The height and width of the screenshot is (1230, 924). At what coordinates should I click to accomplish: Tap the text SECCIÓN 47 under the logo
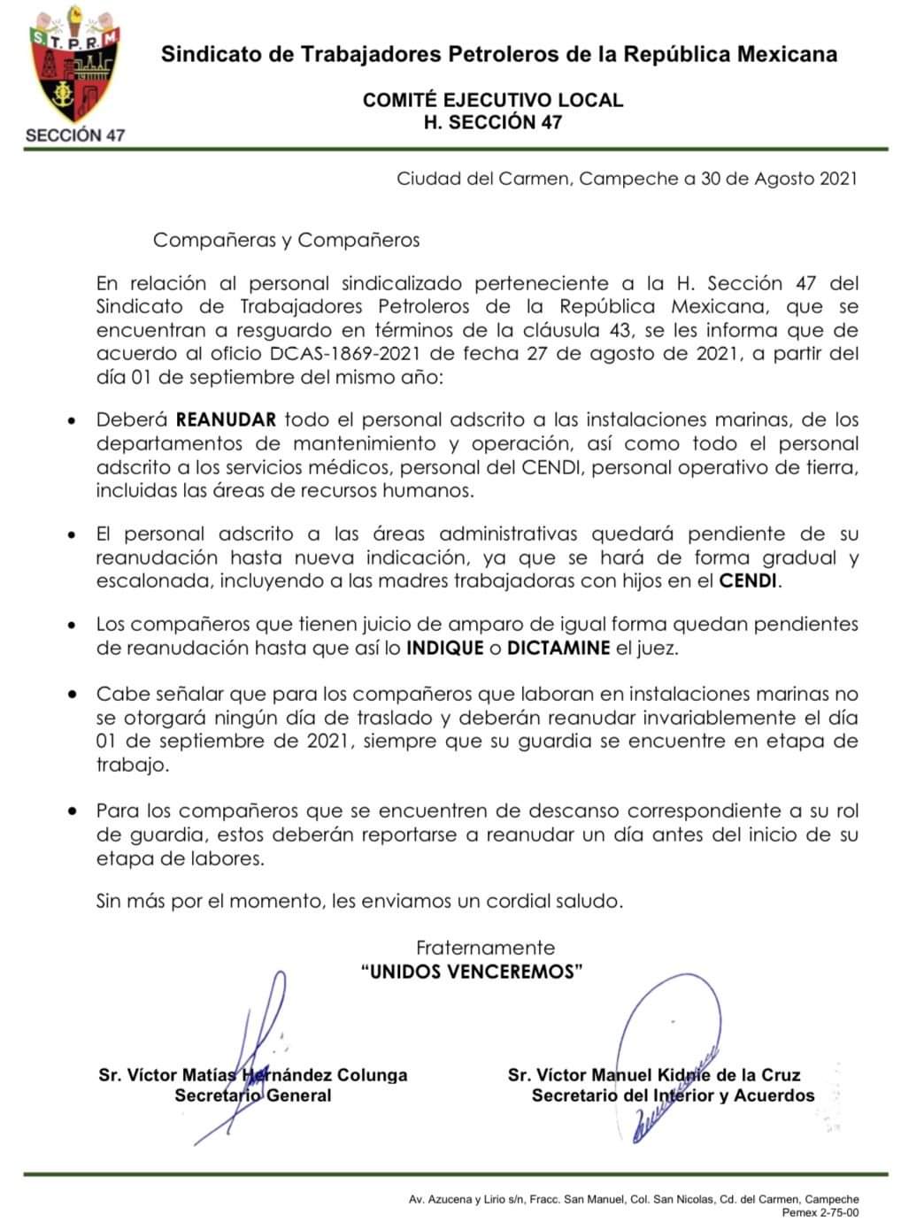tap(75, 135)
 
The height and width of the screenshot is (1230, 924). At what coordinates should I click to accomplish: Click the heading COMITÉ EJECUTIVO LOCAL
tap(493, 100)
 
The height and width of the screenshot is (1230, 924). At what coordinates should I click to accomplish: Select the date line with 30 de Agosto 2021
tap(627, 179)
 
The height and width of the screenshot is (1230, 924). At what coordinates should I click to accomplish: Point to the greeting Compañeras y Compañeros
tap(286, 240)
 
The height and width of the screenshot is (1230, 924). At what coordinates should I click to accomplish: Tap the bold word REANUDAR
tap(226, 419)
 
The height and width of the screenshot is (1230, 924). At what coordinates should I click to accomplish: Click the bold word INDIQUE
tap(444, 648)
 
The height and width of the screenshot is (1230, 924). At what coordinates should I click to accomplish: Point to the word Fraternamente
tap(486, 948)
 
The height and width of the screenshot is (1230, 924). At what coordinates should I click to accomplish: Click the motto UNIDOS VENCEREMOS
tap(473, 972)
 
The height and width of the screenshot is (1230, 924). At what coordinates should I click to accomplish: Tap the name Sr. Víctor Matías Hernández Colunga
tap(253, 1075)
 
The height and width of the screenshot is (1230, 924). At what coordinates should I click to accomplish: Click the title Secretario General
tap(253, 1095)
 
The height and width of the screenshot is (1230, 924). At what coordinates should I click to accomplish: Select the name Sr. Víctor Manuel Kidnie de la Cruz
tap(654, 1075)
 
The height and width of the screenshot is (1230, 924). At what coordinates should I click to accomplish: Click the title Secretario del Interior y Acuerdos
tap(673, 1095)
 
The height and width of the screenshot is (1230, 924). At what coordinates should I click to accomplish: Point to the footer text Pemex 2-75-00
tap(820, 1213)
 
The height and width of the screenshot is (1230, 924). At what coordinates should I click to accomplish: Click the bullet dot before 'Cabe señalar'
tap(73, 696)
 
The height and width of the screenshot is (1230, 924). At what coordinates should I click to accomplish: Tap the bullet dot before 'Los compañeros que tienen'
tap(73, 625)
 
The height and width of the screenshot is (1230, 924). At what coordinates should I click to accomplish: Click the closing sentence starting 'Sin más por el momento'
tap(359, 902)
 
